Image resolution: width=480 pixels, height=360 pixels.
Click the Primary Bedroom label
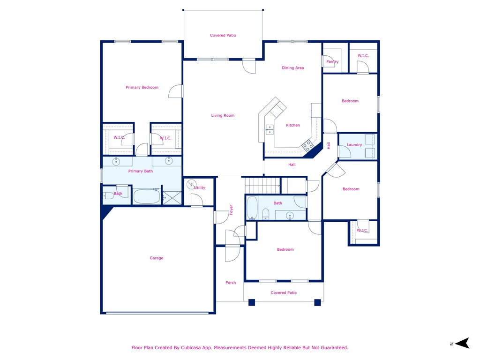click(142, 88)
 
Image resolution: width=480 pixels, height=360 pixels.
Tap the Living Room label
click(223, 116)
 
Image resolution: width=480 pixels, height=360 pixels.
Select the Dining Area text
click(292, 68)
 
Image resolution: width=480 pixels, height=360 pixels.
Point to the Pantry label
click(332, 62)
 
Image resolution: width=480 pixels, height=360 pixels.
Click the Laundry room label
click(354, 145)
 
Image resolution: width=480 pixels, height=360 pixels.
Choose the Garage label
click(157, 258)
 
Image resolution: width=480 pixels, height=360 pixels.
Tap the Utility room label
click(200, 188)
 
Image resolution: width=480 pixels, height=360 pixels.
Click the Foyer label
click(231, 210)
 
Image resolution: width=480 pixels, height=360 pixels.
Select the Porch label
click(231, 283)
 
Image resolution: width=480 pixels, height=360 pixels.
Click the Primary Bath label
click(141, 172)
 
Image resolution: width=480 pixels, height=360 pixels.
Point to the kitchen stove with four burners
click(307, 146)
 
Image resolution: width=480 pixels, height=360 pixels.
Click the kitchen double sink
click(270, 129)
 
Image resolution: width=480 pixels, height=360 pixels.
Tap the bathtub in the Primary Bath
click(147, 196)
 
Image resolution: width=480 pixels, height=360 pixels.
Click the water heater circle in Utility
click(191, 184)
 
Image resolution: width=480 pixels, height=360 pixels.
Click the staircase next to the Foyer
click(262, 185)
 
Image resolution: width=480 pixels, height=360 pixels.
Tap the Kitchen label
click(293, 126)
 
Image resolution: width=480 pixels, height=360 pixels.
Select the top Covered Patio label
click(223, 36)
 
